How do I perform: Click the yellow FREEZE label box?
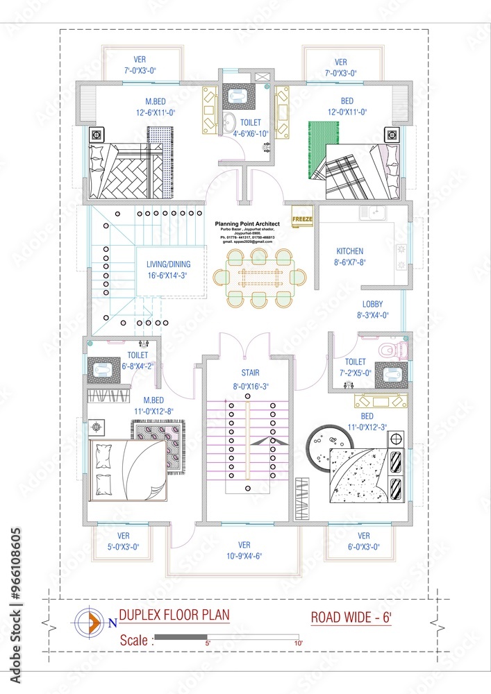tap(302, 219)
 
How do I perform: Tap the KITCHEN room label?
tap(349, 251)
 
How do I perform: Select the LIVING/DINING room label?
tap(168, 264)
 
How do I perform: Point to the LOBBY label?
tap(372, 304)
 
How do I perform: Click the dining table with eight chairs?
tap(259, 278)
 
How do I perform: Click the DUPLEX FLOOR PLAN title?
tap(174, 615)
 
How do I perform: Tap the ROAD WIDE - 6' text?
tap(351, 617)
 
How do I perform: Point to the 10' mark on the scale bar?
tap(299, 643)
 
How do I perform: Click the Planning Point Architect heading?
tap(248, 224)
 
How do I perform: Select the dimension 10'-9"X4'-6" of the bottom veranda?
tap(244, 556)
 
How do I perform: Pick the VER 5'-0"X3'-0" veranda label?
tap(123, 541)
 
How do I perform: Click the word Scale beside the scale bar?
tap(133, 640)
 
